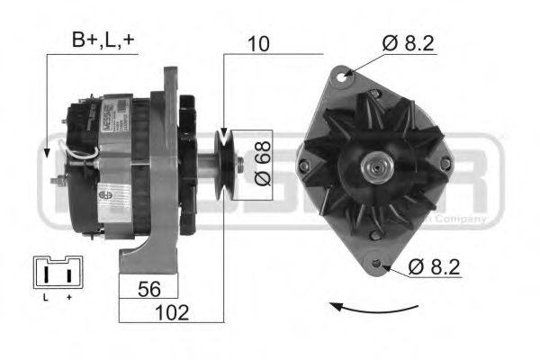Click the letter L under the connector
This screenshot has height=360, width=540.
point(44,296)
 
